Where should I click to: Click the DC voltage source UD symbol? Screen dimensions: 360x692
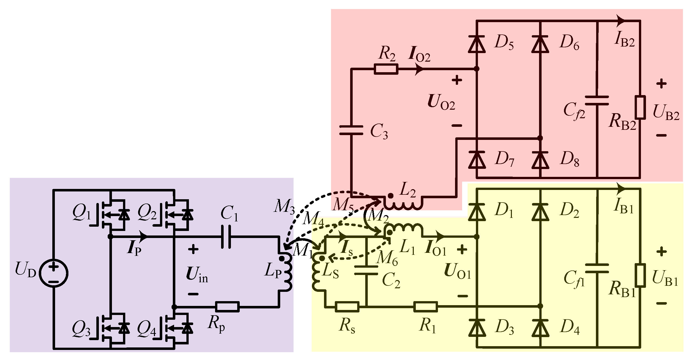pyautogui.click(x=54, y=273)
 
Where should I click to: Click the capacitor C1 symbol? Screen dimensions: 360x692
pyautogui.click(x=226, y=237)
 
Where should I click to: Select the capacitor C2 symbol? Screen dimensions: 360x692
pyautogui.click(x=366, y=270)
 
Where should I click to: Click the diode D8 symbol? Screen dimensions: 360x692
pyautogui.click(x=540, y=160)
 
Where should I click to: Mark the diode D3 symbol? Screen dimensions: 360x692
pyautogui.click(x=477, y=328)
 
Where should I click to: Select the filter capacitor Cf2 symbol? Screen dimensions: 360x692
pyautogui.click(x=597, y=100)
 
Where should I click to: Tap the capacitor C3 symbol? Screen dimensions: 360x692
pyautogui.click(x=351, y=130)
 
